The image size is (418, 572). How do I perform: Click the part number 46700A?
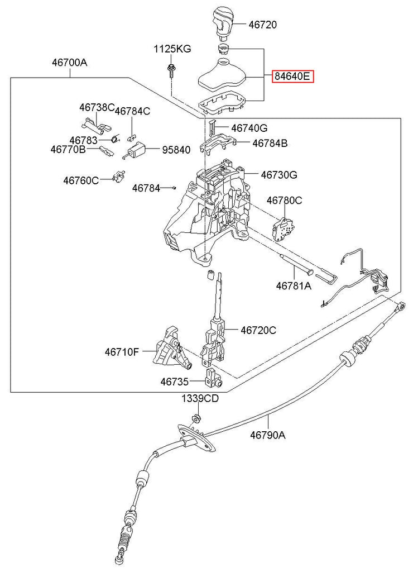click(x=70, y=63)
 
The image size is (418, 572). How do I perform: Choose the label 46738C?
click(x=97, y=107)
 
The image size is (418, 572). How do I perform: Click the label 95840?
click(x=176, y=150)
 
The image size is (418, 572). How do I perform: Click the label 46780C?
click(x=284, y=200)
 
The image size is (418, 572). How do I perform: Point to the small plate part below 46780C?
click(x=284, y=227)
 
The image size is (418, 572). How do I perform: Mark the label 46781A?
click(x=294, y=285)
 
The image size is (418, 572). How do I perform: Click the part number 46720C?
click(x=258, y=330)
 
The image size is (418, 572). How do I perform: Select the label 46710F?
click(x=121, y=352)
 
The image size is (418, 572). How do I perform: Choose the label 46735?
click(x=176, y=382)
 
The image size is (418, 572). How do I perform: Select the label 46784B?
click(x=270, y=143)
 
